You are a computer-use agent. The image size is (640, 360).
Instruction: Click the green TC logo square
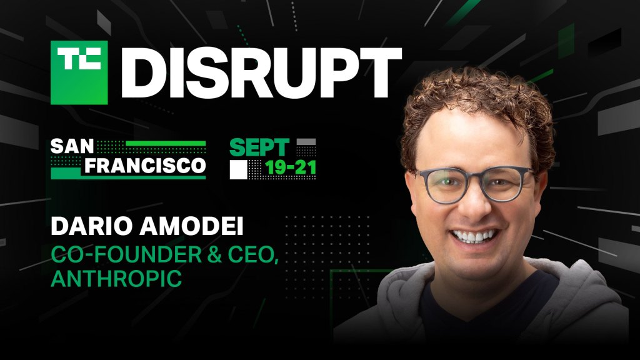(79, 72)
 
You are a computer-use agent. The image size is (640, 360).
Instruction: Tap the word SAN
(72, 146)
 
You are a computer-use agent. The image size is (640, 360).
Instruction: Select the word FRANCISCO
(145, 166)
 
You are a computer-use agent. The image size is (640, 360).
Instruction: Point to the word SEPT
(259, 147)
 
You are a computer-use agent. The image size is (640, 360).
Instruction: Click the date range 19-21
(291, 167)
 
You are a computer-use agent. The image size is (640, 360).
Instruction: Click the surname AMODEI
(191, 226)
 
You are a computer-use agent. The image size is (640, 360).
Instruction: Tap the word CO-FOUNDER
(126, 255)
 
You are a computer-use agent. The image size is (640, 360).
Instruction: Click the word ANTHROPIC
(116, 279)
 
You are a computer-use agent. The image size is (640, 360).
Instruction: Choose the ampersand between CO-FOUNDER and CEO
(215, 255)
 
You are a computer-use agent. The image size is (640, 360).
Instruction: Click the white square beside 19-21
(238, 170)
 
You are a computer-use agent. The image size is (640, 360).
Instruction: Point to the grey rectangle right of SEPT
(306, 142)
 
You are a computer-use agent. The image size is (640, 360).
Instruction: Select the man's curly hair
(477, 106)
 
